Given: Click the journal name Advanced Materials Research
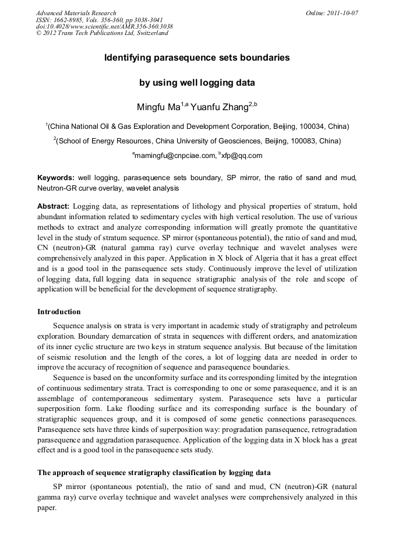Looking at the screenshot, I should [76, 13].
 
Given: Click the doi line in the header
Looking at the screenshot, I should [104, 26].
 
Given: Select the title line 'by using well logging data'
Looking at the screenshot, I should [197, 83].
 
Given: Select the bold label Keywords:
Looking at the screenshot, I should [56, 177].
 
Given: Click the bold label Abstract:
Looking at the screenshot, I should [54, 207].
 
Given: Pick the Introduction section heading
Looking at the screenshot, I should [59, 312].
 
